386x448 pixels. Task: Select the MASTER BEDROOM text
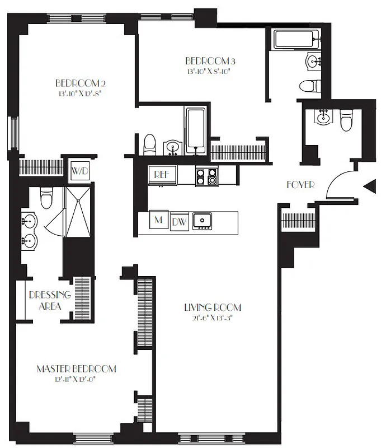point(76,368)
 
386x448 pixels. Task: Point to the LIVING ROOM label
point(213,307)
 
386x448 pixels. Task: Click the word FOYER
point(300,184)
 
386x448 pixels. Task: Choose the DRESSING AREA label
point(50,300)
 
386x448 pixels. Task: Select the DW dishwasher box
point(180,221)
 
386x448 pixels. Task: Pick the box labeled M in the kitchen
point(159,220)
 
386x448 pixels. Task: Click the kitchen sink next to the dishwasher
point(203,221)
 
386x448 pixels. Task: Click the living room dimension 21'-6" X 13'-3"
point(213,317)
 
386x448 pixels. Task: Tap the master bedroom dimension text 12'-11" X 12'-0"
point(76,379)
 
